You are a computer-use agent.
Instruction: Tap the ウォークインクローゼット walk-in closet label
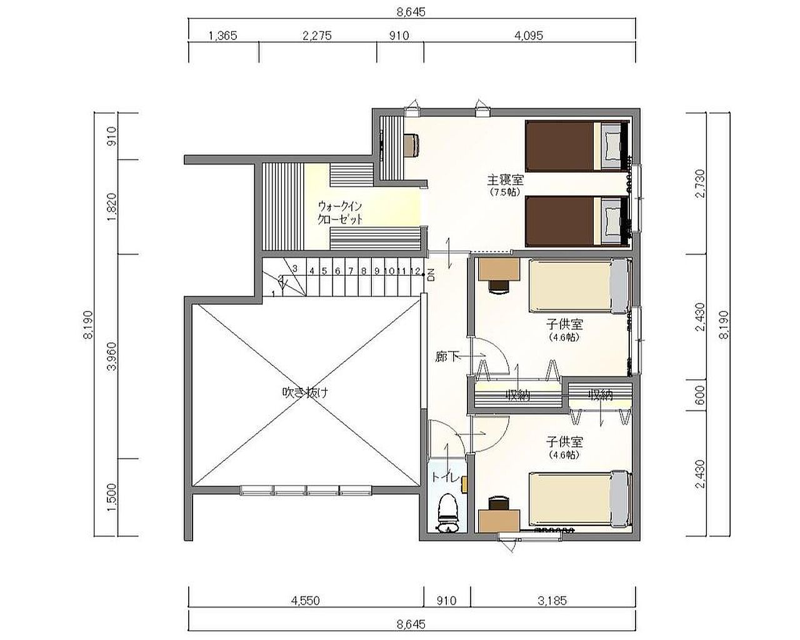[340, 213]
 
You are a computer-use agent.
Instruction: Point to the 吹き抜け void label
[305, 392]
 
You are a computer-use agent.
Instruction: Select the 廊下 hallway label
[446, 357]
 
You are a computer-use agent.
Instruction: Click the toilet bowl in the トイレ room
[447, 514]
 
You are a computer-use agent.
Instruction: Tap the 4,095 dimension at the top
[529, 36]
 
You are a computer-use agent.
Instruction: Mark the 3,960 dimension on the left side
[111, 356]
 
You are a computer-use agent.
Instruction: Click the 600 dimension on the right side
[699, 395]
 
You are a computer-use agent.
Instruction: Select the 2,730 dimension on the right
[700, 184]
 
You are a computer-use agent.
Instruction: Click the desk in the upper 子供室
[499, 268]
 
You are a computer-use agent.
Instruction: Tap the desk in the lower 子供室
[499, 521]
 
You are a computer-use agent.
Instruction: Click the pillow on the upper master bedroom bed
[611, 146]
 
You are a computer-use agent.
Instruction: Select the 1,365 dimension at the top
[222, 36]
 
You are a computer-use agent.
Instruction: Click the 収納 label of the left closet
[517, 395]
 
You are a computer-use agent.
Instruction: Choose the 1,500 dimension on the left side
[111, 497]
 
